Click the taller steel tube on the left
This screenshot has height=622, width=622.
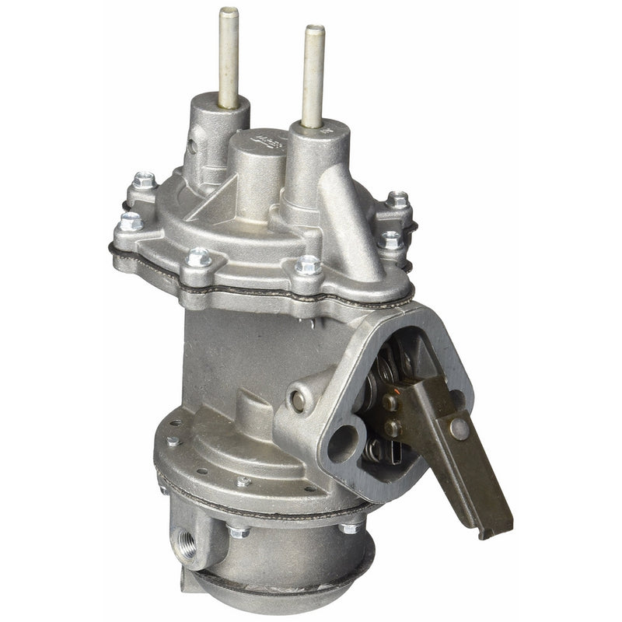(x=228, y=58)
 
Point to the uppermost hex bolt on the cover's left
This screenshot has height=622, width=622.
(x=144, y=181)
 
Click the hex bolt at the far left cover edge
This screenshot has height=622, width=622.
(x=130, y=222)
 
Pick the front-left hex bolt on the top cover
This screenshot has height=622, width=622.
(x=199, y=256)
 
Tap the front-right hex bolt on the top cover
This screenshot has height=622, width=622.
(x=309, y=265)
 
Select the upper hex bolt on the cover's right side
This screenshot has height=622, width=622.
(x=398, y=201)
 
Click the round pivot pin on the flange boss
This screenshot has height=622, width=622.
(x=298, y=400)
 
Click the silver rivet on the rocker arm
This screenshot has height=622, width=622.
(x=460, y=426)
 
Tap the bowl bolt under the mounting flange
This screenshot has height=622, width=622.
(x=348, y=529)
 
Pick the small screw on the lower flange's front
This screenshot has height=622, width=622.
(x=243, y=482)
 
